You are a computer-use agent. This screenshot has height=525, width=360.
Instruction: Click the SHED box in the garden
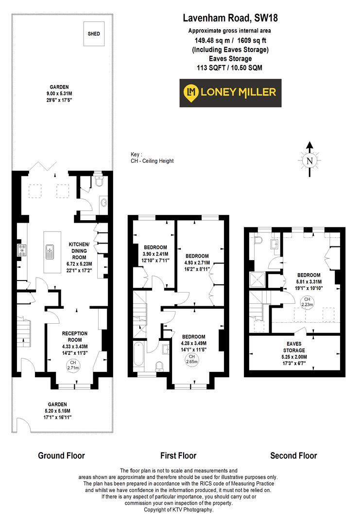[x=93, y=34]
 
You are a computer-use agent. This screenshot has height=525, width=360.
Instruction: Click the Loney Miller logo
[x=230, y=92]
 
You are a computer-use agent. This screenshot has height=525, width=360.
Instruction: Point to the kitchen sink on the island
[x=50, y=251]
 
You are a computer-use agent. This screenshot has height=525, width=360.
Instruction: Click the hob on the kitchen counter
[x=22, y=251]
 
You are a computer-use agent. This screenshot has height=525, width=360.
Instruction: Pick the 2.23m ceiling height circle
[x=307, y=301]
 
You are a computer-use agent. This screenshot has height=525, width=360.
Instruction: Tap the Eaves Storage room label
[x=294, y=347]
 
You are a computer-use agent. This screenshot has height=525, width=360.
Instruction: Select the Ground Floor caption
[x=61, y=455]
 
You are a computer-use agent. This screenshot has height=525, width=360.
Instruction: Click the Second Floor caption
[x=293, y=455]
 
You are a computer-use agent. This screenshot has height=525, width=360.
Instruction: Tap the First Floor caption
[x=178, y=455]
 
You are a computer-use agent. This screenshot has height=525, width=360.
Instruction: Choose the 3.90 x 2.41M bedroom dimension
[x=155, y=254]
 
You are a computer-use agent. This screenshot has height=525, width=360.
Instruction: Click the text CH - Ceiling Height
[x=152, y=161]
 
